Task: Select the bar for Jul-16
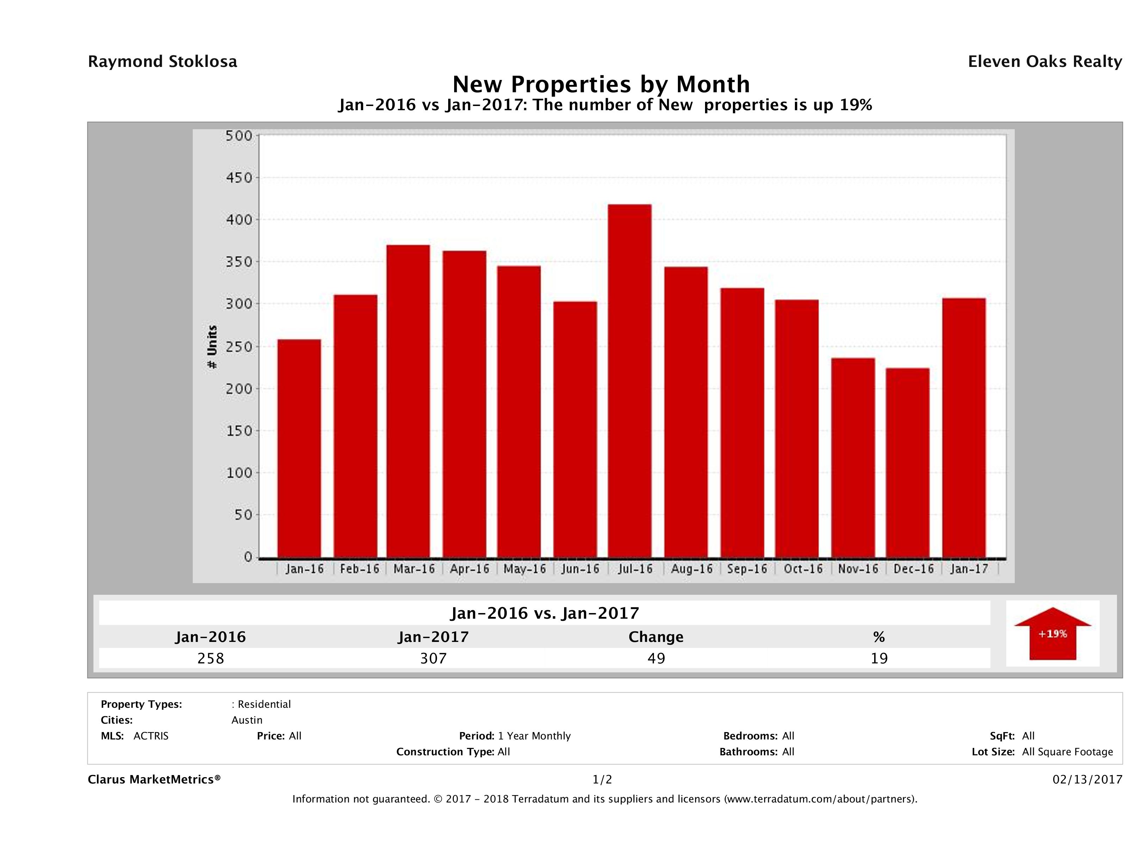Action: click(629, 380)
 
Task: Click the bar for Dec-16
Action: click(907, 462)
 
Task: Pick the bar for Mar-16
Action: click(408, 401)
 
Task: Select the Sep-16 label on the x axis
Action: click(747, 569)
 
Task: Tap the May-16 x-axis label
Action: click(524, 569)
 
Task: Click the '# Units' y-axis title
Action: click(212, 347)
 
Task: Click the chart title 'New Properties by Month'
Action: click(601, 84)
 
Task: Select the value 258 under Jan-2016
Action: click(211, 658)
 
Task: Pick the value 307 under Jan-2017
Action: click(433, 658)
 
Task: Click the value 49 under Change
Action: click(656, 658)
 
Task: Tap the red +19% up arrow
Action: click(1052, 635)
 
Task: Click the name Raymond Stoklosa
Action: click(162, 62)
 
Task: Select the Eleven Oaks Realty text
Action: click(1044, 62)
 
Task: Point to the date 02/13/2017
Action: click(1087, 779)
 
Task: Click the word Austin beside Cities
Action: click(247, 720)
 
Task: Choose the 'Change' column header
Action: click(656, 637)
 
